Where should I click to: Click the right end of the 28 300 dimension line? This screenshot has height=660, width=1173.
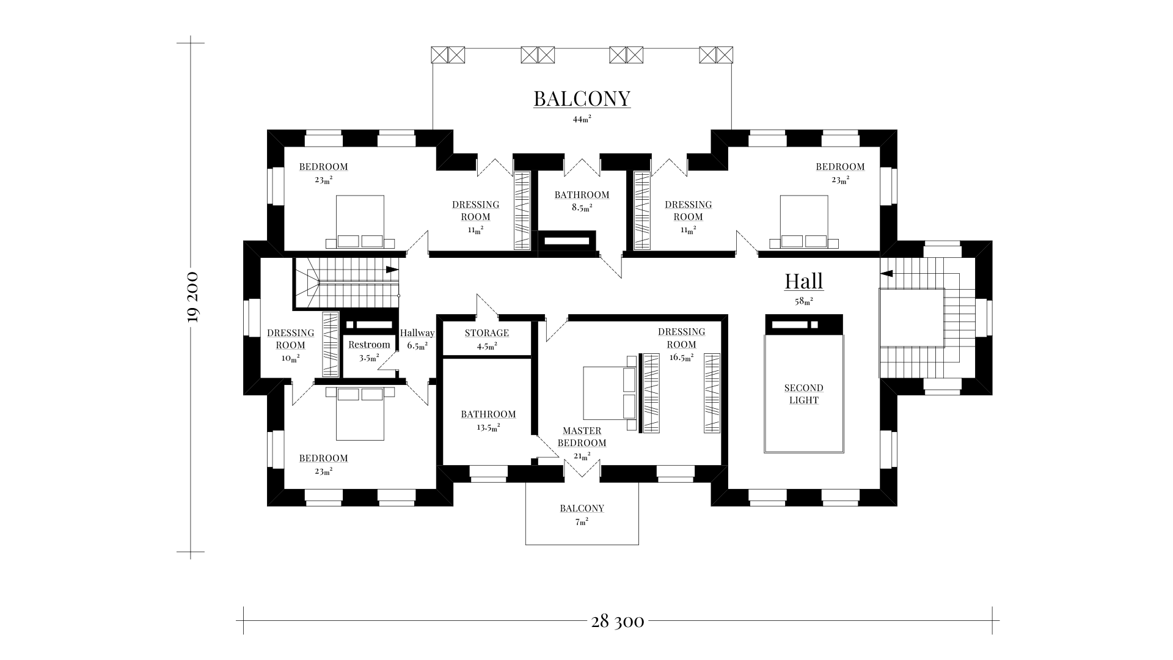pos(992,621)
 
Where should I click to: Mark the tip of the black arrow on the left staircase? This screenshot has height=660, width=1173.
pos(399,269)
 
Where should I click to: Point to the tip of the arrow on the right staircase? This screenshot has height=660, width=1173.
pos(880,273)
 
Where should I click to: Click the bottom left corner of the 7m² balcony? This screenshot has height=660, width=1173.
pos(526,544)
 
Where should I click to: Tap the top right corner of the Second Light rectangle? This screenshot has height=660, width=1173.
pos(844,335)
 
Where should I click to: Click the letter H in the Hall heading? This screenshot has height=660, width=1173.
pos(792,281)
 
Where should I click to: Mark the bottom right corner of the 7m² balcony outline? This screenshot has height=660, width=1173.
pos(638,544)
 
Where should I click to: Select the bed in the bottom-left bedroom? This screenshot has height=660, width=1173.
pos(360,413)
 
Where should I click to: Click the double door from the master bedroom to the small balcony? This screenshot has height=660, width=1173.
pos(582,469)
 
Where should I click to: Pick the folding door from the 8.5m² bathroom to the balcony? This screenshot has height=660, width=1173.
pos(582,167)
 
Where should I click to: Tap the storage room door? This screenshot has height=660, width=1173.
pos(488,306)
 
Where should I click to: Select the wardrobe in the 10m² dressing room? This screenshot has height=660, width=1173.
pos(331,344)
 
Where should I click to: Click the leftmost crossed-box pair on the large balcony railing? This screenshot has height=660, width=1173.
pos(448,55)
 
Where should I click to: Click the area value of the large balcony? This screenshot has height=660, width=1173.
pos(582,119)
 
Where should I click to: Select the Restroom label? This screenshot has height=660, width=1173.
pos(369,345)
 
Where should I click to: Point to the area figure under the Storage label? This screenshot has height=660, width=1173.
pos(487,345)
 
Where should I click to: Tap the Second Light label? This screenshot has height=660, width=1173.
pos(804,394)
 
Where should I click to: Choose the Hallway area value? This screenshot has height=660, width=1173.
pos(417,345)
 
